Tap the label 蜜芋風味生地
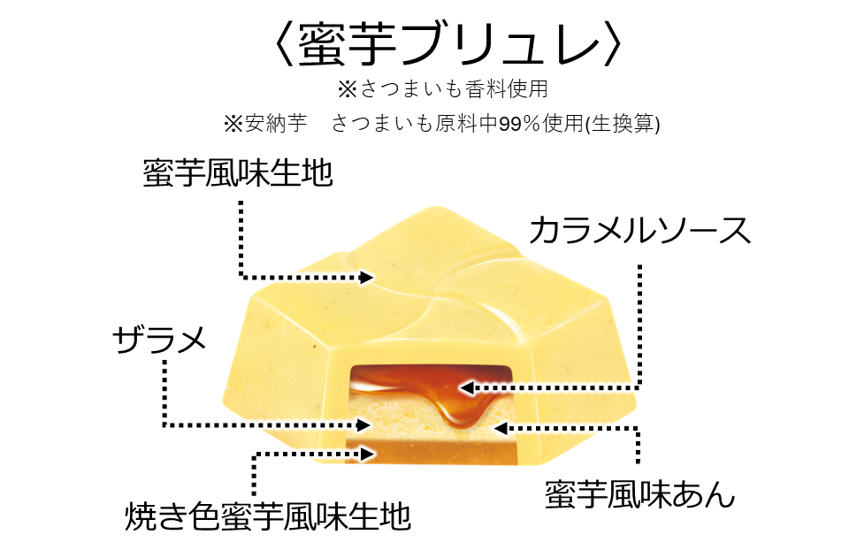(x=238, y=173)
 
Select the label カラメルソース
(x=639, y=231)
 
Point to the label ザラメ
(x=160, y=339)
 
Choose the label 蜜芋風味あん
(x=639, y=495)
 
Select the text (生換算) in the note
(x=629, y=125)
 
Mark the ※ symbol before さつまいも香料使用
(x=347, y=89)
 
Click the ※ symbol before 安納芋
(x=233, y=125)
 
